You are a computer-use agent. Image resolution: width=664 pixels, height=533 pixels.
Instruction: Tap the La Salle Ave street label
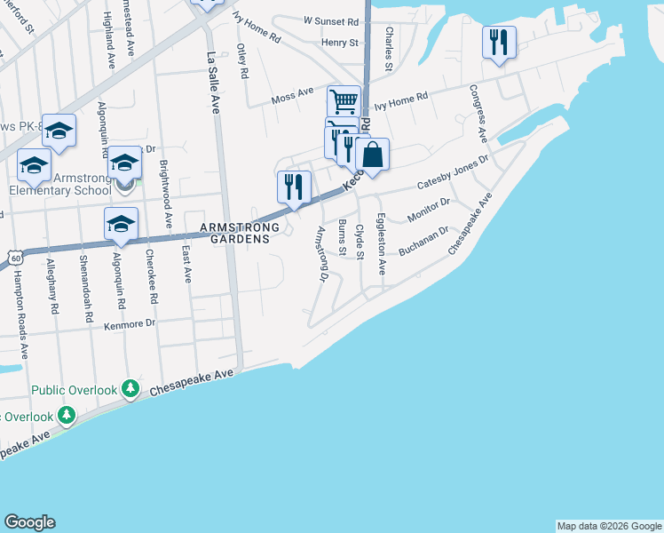[212, 83]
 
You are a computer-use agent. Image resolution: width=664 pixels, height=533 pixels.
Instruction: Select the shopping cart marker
[344, 100]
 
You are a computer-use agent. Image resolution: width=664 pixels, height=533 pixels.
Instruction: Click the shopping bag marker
[373, 155]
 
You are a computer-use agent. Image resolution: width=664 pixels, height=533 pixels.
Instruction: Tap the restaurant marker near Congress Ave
[499, 42]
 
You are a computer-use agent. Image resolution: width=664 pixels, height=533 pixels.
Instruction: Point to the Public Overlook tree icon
[130, 389]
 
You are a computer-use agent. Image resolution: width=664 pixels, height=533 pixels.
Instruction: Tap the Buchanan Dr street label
[422, 242]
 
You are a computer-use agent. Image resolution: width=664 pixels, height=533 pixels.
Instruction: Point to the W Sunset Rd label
[331, 20]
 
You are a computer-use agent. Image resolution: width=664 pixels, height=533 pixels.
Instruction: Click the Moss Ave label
[293, 92]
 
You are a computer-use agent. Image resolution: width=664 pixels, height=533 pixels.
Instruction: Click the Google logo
[29, 522]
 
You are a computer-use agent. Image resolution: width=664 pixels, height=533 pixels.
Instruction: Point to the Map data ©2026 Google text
[609, 526]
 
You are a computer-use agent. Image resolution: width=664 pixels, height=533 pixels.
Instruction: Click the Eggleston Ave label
[380, 243]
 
